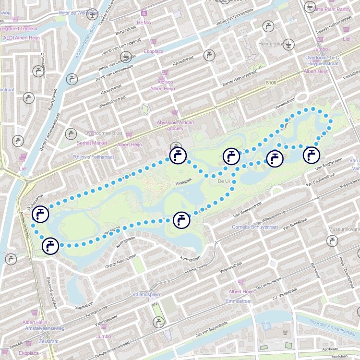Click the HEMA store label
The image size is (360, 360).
144,23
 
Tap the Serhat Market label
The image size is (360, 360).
92,143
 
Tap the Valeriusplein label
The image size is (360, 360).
146,295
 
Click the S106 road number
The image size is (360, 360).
271,83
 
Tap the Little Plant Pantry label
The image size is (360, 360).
332,9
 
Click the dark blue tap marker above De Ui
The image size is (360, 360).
231,156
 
